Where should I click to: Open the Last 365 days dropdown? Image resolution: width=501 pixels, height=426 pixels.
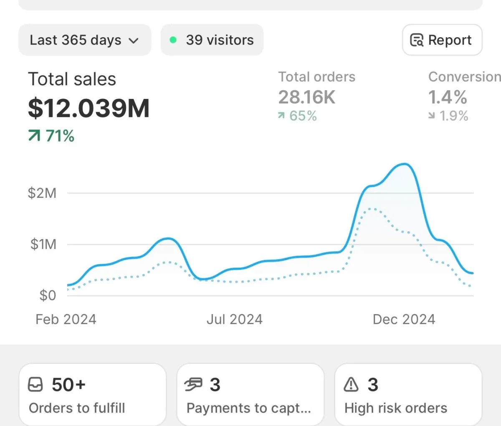pos(84,40)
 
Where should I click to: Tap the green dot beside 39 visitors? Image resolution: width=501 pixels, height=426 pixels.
pos(173,40)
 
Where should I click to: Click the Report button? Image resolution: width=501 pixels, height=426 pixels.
pos(442,40)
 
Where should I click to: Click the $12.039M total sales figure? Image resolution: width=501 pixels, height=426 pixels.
pos(89,108)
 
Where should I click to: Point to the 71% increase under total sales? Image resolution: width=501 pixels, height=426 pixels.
pos(51,136)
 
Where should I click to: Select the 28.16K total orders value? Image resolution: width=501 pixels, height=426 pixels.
pos(307,97)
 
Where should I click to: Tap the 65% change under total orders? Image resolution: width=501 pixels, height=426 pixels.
pos(298,116)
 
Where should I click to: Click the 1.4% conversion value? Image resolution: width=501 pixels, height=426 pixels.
pos(448,97)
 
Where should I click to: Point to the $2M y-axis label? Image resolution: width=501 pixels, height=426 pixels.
pos(42,193)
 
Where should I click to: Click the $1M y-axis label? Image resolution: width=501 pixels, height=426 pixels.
pos(43,244)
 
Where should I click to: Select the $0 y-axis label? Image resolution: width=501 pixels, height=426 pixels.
pos(48,295)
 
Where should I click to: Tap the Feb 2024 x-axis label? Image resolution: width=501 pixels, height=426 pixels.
pos(66,319)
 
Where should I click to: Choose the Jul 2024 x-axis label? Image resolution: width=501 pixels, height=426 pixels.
pos(235,319)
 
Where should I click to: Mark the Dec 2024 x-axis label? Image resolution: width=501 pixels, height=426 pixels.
pos(404,319)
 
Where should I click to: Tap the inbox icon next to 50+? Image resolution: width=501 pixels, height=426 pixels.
pos(35,385)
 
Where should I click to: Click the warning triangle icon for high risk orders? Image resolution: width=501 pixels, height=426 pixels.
pos(351,385)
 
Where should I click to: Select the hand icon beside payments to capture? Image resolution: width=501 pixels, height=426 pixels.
pos(193,385)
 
